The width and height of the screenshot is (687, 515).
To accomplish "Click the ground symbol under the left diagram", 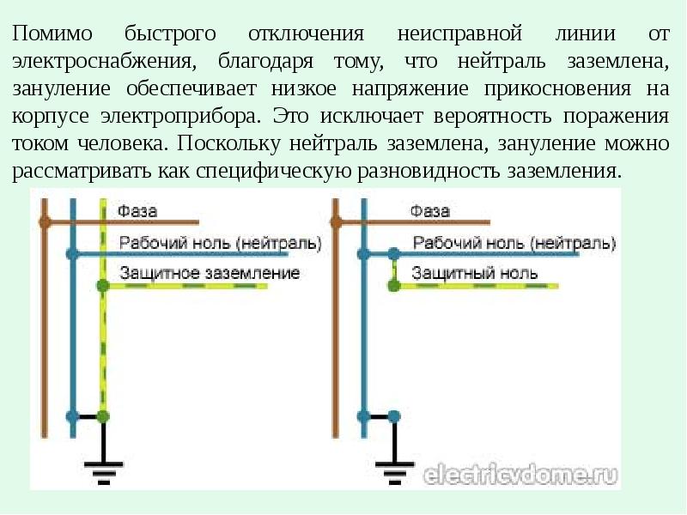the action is tap(103, 473).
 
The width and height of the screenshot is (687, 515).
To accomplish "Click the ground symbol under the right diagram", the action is tap(394, 473).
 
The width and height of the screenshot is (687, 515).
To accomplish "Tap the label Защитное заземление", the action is tap(210, 274).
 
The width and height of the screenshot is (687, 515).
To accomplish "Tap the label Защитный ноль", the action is tap(475, 274).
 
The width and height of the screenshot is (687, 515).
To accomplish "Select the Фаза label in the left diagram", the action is tap(137, 211).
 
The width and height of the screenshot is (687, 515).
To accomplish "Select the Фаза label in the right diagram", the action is tap(430, 211).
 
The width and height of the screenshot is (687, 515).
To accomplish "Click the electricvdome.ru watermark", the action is tap(521, 475).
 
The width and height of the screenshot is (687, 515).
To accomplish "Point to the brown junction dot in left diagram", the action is tap(45, 222).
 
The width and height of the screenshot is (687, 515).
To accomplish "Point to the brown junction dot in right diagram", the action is tap(336, 222).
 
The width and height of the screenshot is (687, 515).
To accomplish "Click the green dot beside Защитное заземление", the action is tap(103, 286).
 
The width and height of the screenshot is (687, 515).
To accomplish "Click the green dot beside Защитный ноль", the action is tap(394, 286).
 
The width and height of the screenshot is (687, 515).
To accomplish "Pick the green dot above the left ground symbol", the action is tap(103, 416).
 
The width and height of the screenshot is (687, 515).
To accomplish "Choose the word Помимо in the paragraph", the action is tap(52, 33).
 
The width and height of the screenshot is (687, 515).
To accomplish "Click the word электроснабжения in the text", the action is tap(104, 62).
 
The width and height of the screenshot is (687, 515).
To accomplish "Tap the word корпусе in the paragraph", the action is tap(51, 117).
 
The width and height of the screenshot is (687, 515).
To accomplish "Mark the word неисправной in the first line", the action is tap(459, 33).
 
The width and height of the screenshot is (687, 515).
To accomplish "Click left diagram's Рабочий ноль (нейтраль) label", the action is tap(221, 243).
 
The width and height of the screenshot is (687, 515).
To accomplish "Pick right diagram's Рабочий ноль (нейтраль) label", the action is tap(514, 243).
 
